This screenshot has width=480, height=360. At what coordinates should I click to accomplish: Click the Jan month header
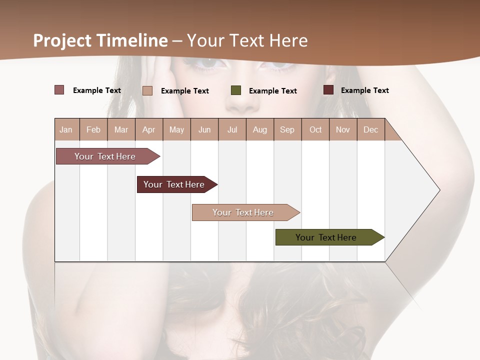pyautogui.click(x=66, y=129)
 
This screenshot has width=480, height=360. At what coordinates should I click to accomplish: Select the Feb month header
pyautogui.click(x=93, y=129)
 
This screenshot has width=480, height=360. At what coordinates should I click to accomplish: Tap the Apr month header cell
pyautogui.click(x=148, y=129)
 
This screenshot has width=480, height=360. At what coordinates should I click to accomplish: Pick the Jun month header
pyautogui.click(x=204, y=129)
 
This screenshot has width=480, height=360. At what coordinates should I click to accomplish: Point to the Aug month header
pyautogui.click(x=259, y=129)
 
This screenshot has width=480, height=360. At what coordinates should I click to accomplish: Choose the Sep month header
pyautogui.click(x=287, y=129)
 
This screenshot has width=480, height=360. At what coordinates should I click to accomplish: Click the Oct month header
pyautogui.click(x=315, y=129)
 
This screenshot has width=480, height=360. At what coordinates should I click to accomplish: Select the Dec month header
pyautogui.click(x=370, y=129)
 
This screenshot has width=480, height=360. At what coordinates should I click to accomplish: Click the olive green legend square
pyautogui.click(x=236, y=90)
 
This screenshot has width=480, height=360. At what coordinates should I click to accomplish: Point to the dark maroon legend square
pyautogui.click(x=328, y=90)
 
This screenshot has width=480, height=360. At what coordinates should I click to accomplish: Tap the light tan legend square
pyautogui.click(x=147, y=90)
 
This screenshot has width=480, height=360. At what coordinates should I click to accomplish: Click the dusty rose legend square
pyautogui.click(x=59, y=90)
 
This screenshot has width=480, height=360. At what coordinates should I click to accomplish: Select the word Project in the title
pyautogui.click(x=62, y=40)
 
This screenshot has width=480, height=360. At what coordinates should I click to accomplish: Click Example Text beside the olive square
pyautogui.click(x=272, y=91)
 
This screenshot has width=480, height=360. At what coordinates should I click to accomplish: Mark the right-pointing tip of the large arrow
pyautogui.click(x=439, y=190)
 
